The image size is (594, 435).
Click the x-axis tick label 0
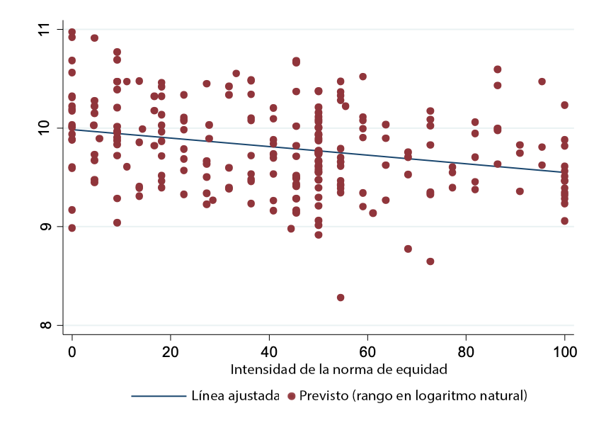pyautogui.click(x=72, y=352)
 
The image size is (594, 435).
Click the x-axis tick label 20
pyautogui.click(x=170, y=352)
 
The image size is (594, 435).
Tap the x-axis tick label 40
pyautogui.click(x=268, y=352)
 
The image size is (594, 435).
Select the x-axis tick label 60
pyautogui.click(x=367, y=352)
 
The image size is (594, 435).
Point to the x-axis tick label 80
pyautogui.click(x=466, y=352)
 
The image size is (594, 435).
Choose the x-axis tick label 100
pyautogui.click(x=564, y=352)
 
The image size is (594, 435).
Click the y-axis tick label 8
pyautogui.click(x=47, y=326)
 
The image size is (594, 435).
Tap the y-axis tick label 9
pyautogui.click(x=47, y=227)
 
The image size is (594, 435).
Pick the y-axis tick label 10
pyautogui.click(x=47, y=128)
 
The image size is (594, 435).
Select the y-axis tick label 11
pyautogui.click(x=47, y=30)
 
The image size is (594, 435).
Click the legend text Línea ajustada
pyautogui.click(x=235, y=395)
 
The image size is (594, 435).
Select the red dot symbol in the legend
pyautogui.click(x=290, y=395)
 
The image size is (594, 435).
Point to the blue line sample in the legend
pyautogui.click(x=158, y=395)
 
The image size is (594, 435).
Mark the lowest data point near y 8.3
pyautogui.click(x=341, y=298)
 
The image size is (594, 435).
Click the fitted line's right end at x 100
pyautogui.click(x=564, y=172)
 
